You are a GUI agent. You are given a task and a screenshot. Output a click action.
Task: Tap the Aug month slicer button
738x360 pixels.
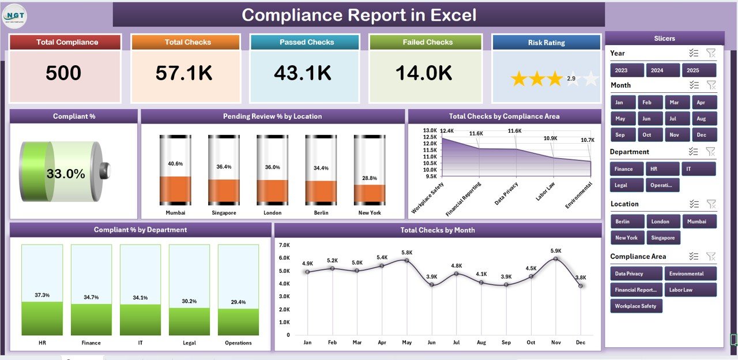(701, 119)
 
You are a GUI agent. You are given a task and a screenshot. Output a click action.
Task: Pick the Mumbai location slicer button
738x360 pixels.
(699, 222)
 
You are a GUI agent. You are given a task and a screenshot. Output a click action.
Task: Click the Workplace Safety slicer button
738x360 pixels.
(636, 306)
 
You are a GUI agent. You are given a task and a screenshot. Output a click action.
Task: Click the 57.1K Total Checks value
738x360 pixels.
(184, 73)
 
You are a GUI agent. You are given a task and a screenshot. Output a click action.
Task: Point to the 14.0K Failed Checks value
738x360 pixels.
(424, 73)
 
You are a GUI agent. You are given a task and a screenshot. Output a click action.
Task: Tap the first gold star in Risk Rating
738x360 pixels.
(519, 79)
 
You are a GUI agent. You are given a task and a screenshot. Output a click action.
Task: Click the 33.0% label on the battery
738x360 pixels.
(66, 174)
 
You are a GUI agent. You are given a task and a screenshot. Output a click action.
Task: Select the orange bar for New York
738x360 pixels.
(370, 193)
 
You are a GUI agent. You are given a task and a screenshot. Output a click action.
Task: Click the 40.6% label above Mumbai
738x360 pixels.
(175, 164)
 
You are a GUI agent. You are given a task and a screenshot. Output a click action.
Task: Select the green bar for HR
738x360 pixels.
(42, 318)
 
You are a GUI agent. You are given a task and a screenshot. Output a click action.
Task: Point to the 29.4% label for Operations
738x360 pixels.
(238, 302)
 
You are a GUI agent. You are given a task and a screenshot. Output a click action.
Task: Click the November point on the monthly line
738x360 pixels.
(555, 258)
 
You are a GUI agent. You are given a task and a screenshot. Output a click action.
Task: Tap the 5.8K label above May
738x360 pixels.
(406, 253)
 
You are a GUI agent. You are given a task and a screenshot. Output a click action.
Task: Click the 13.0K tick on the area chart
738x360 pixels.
(430, 130)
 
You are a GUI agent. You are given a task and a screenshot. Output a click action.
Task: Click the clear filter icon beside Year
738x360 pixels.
(710, 53)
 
